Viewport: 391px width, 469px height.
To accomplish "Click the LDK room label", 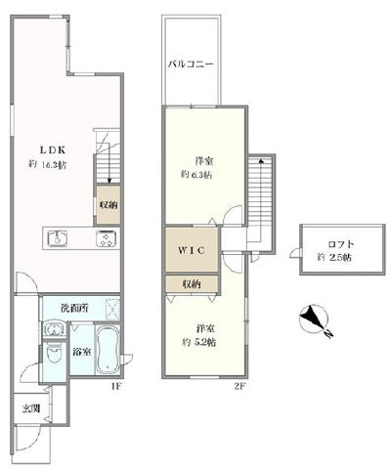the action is (53, 150).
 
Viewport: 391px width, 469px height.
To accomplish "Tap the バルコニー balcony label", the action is (191, 64).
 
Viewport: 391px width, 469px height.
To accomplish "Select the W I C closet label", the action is (192, 250).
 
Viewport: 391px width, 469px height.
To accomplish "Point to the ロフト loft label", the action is (341, 244).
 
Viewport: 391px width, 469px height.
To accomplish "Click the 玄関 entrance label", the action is (31, 408).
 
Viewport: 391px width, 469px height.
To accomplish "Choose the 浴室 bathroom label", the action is (82, 352).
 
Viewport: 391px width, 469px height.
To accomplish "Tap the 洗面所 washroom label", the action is (74, 308).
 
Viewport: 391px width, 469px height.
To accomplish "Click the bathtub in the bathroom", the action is (108, 349).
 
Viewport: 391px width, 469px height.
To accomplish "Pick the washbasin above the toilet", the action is (54, 329).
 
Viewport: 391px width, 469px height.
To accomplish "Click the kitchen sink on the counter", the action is (58, 238).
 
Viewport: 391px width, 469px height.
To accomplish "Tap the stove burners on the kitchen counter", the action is (106, 238).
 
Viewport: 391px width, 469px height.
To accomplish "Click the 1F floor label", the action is (116, 387).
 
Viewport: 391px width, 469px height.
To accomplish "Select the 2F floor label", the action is (239, 387).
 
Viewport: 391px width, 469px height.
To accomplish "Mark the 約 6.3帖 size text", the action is (196, 175).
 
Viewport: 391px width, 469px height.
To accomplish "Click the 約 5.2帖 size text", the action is (198, 342).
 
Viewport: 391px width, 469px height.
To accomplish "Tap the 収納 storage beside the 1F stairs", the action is (109, 205).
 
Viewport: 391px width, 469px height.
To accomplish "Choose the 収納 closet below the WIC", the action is (192, 284).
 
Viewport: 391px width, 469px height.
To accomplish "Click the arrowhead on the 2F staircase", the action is (261, 160).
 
